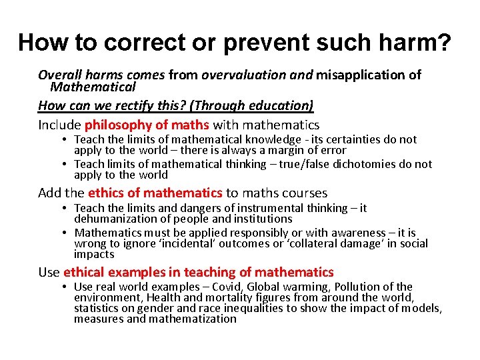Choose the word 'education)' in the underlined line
(281, 105)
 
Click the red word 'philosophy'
(117, 125)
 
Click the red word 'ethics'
(106, 193)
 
